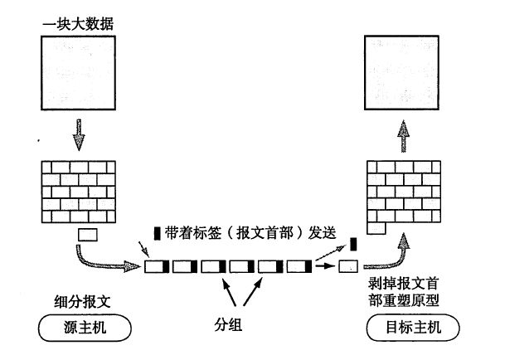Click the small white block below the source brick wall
87,236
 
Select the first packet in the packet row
157,267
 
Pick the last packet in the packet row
299,267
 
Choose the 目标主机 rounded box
404,328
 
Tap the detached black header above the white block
352,244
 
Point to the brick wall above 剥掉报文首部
403,193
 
